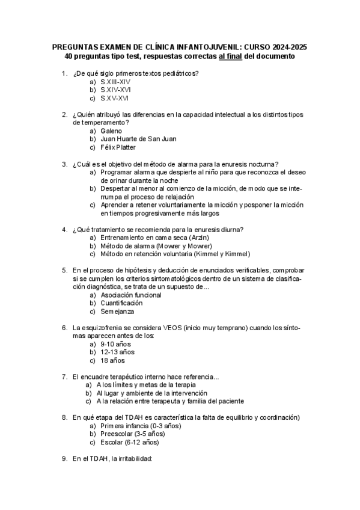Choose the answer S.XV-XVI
(x=114, y=98)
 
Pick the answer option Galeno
(x=111, y=131)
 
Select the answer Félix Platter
(x=118, y=147)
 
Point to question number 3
(x=64, y=164)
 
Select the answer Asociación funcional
(x=131, y=295)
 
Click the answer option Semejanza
(x=118, y=312)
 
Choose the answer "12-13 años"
(x=118, y=352)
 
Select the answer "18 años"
(x=113, y=361)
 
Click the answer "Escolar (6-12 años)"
(x=130, y=443)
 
